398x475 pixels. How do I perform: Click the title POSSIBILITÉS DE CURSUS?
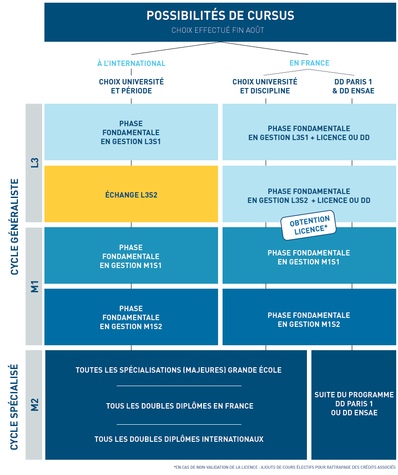click(220, 16)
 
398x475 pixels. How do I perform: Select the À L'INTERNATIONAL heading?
click(131, 63)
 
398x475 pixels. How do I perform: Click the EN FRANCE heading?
click(309, 63)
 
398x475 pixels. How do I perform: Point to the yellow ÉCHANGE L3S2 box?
click(131, 195)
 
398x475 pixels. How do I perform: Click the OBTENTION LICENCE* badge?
click(309, 225)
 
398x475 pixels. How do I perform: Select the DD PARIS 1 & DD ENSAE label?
click(353, 86)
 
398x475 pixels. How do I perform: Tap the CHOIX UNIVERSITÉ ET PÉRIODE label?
click(131, 86)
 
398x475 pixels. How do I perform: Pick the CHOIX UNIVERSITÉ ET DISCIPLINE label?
click(265, 86)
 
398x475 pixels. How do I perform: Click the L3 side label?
click(35, 163)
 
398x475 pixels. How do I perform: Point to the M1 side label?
click(35, 286)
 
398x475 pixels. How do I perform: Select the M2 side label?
click(35, 405)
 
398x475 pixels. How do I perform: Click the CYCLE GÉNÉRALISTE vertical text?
click(14, 227)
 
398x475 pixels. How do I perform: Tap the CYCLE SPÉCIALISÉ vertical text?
click(14, 407)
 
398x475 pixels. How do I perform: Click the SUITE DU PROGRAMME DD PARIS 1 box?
click(354, 404)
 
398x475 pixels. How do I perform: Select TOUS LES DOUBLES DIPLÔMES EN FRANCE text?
click(179, 406)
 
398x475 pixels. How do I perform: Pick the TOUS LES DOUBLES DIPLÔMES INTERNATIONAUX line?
click(179, 439)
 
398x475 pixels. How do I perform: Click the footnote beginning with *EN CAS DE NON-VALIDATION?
click(284, 467)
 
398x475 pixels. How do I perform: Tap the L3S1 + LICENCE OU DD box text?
click(309, 133)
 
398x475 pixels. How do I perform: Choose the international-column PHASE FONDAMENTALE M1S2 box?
click(131, 317)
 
